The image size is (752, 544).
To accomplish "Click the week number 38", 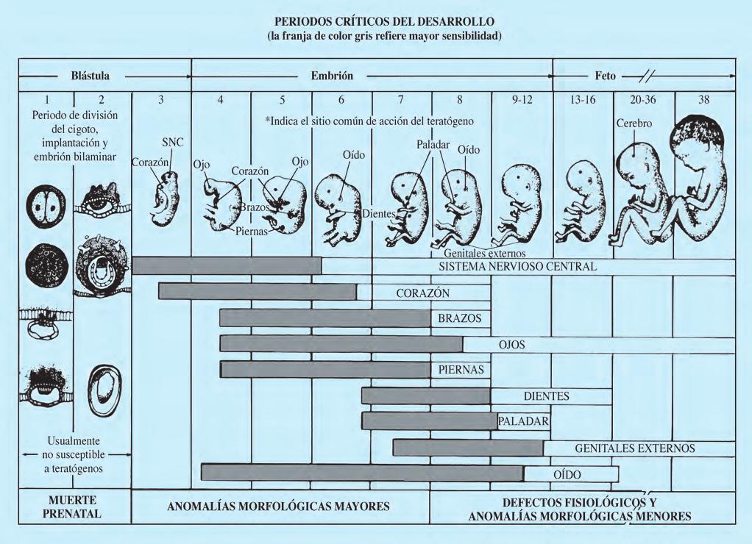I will tap(703, 99).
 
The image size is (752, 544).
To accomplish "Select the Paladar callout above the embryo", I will tap(432, 144).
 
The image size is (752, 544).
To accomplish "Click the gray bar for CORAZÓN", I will tap(257, 292).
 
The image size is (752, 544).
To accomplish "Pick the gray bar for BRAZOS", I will tap(324, 318).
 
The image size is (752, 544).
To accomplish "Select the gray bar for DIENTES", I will tap(425, 396).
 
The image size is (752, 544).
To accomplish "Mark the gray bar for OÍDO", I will tap(361, 473).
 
